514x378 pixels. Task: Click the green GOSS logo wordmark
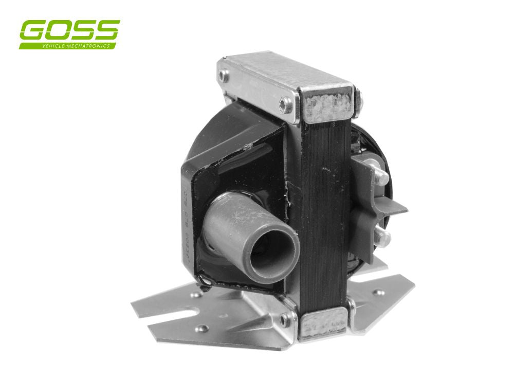tap(69, 32)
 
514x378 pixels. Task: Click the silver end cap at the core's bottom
tap(323, 325)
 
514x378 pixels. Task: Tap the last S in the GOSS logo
tap(106, 31)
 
